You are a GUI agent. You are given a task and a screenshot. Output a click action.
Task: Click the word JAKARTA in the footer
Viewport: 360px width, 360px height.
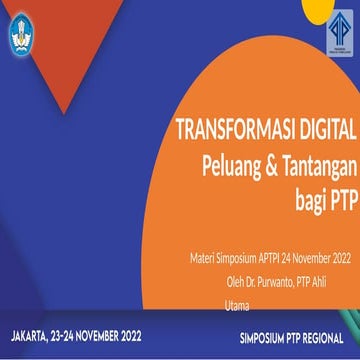pos(31,337)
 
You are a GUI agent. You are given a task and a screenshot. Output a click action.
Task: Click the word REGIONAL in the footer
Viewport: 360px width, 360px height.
pos(324,338)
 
